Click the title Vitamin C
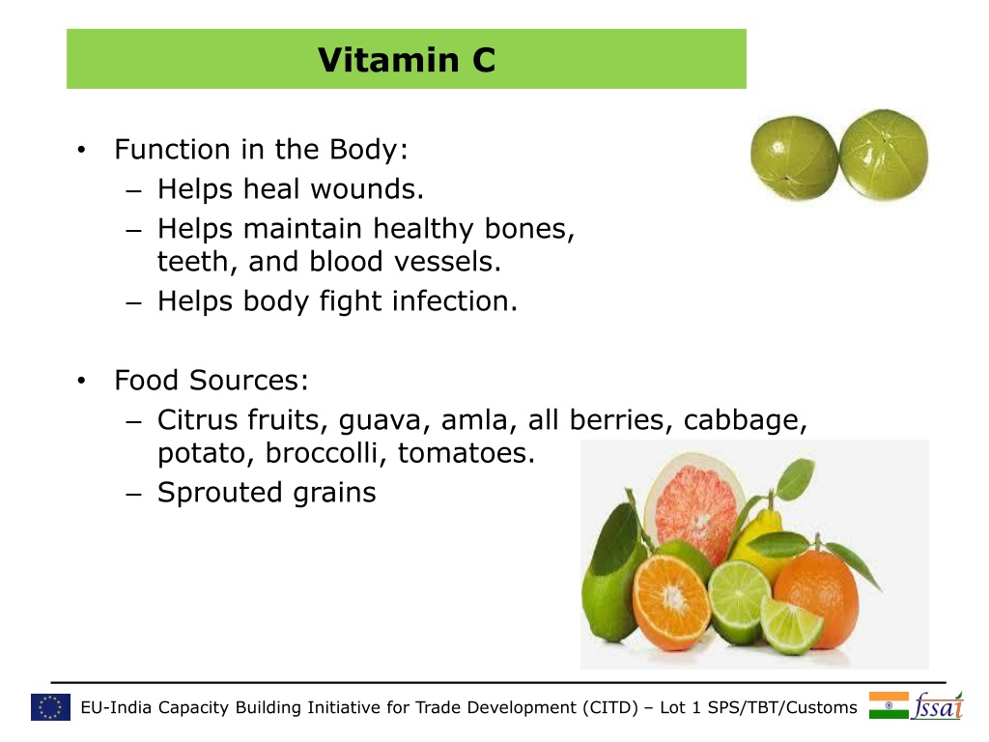click(407, 60)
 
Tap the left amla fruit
click(794, 157)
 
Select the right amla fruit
click(884, 155)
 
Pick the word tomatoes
click(466, 453)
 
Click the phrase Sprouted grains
click(267, 494)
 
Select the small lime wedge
click(791, 624)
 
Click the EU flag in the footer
click(50, 707)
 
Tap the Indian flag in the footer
click(889, 705)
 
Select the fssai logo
click(938, 705)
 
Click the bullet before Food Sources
click(81, 381)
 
